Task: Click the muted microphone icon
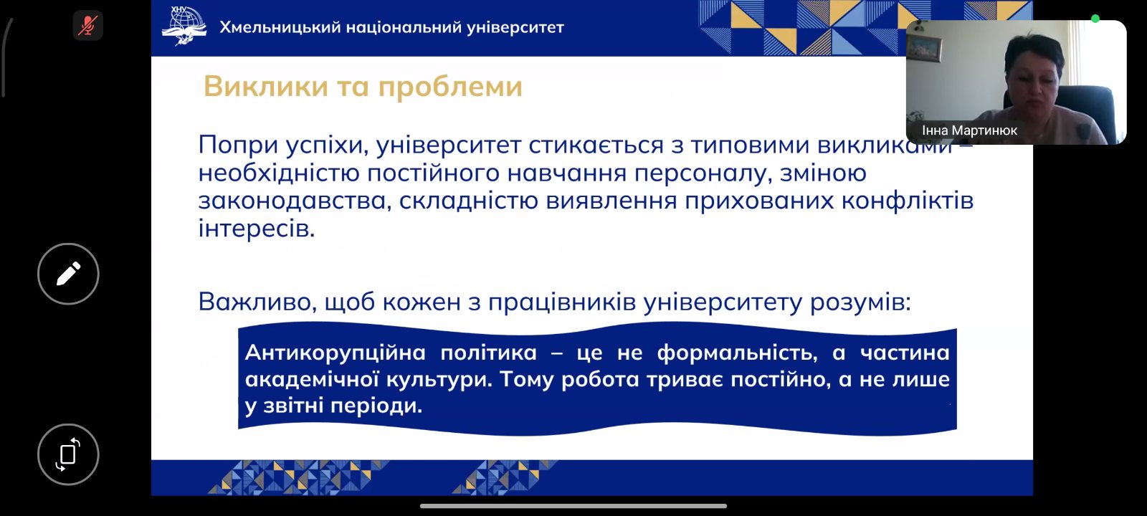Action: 87,25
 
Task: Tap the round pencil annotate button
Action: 68,274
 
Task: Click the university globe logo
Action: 184,25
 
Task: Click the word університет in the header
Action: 515,27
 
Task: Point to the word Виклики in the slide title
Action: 266,86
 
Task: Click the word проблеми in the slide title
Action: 450,87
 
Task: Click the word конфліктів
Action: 908,200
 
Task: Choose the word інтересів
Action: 257,229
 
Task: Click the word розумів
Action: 860,302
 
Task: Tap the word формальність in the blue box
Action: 737,353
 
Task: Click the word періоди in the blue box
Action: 376,406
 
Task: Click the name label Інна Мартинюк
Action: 969,130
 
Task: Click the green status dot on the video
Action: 1095,19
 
